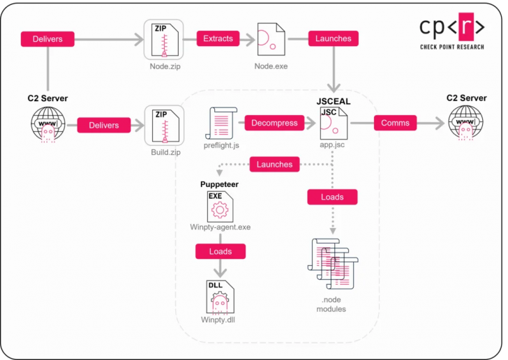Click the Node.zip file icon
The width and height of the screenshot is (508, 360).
pyautogui.click(x=165, y=40)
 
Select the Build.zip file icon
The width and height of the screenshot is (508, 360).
pyautogui.click(x=165, y=126)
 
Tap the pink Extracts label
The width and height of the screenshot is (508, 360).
pyautogui.click(x=218, y=38)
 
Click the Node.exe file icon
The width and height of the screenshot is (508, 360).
pyautogui.click(x=271, y=39)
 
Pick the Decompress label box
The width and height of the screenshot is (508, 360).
pyautogui.click(x=274, y=123)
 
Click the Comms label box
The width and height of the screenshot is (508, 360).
pyautogui.click(x=395, y=123)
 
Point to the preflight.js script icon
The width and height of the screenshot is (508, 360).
pyautogui.click(x=221, y=123)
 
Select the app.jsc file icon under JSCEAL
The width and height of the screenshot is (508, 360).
pyautogui.click(x=334, y=123)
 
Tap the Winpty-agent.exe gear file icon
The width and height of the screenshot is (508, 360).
pyautogui.click(x=221, y=207)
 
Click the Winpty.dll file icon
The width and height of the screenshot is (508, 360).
pyautogui.click(x=221, y=297)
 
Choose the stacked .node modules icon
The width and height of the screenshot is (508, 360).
pyautogui.click(x=333, y=264)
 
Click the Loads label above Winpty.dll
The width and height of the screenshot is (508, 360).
pyautogui.click(x=221, y=251)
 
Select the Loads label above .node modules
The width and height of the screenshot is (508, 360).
pyautogui.click(x=332, y=197)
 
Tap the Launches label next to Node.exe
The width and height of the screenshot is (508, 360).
pyautogui.click(x=334, y=38)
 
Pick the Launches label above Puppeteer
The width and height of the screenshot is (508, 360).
pyautogui.click(x=274, y=164)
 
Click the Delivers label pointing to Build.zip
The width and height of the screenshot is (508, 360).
pyautogui.click(x=104, y=125)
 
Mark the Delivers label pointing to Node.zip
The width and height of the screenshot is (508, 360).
pyautogui.click(x=47, y=39)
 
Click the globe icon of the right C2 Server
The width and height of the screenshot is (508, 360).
pyautogui.click(x=465, y=123)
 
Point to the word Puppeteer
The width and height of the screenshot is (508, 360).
pyautogui.click(x=219, y=184)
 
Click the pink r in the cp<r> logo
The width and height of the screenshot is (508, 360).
pyautogui.click(x=466, y=26)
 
